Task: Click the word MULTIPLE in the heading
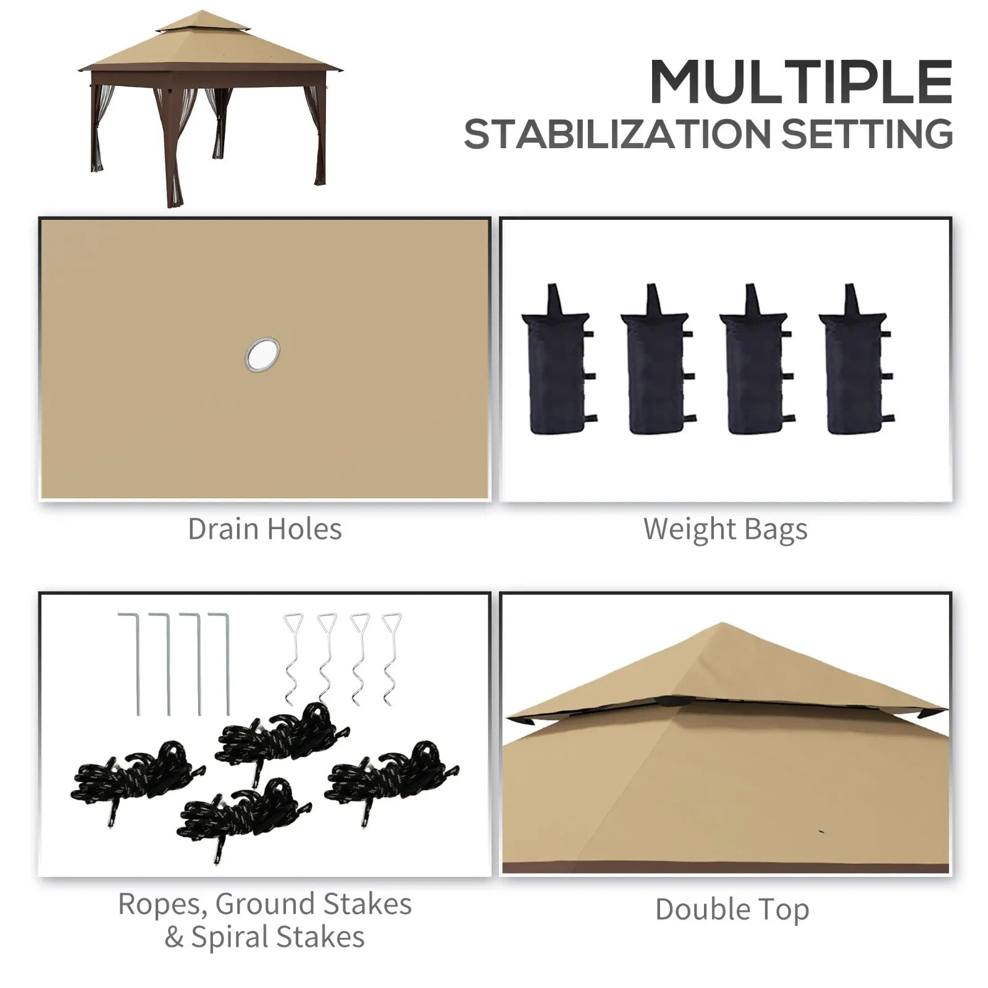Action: pos(800,83)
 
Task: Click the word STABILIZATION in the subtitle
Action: pos(617,134)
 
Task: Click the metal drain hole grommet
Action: pos(262,355)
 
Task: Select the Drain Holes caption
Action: pos(264,529)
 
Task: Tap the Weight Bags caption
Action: pos(725,530)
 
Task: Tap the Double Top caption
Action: pos(732,910)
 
